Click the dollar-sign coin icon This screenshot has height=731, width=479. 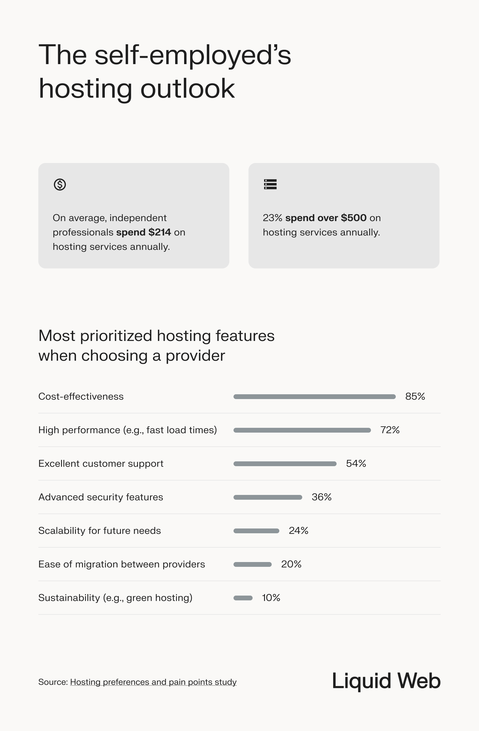point(60,185)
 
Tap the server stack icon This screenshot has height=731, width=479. point(270,184)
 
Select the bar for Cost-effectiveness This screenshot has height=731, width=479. point(315,397)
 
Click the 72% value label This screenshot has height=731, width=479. point(390,430)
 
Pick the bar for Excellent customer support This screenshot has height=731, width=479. point(285,464)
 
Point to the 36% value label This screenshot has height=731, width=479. point(322,497)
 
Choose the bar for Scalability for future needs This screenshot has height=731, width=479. point(256,531)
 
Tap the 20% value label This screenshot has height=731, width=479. point(291,564)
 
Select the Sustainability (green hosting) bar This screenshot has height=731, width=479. point(243,598)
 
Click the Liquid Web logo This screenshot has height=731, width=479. point(386,681)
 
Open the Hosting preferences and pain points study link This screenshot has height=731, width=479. point(153,682)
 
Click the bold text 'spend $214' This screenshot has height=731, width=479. point(144,232)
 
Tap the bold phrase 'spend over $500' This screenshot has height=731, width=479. point(326,218)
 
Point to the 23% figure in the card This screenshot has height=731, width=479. point(272,218)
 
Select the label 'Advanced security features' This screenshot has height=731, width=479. point(101,497)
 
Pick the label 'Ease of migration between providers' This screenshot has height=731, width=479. point(122,564)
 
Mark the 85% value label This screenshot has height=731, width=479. point(415,397)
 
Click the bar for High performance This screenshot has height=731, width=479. point(302,430)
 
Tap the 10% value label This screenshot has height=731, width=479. point(271,598)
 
